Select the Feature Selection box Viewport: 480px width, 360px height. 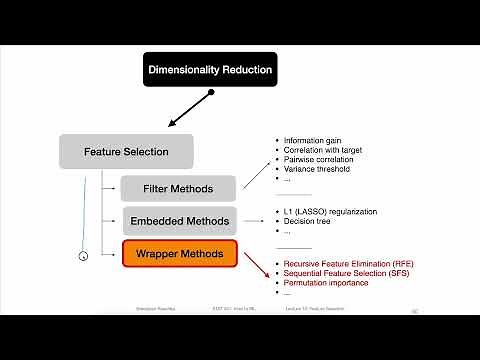pyautogui.click(x=126, y=152)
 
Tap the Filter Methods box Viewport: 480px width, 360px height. pyautogui.click(x=179, y=188)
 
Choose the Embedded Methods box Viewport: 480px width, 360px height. pyautogui.click(x=179, y=220)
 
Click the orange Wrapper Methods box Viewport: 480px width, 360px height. pyautogui.click(x=179, y=253)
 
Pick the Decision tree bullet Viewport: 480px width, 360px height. pyautogui.click(x=309, y=222)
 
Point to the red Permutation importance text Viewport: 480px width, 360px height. pyautogui.click(x=325, y=283)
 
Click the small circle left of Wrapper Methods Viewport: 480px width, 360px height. pyautogui.click(x=84, y=256)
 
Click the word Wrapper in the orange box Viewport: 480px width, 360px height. pyautogui.click(x=158, y=253)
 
